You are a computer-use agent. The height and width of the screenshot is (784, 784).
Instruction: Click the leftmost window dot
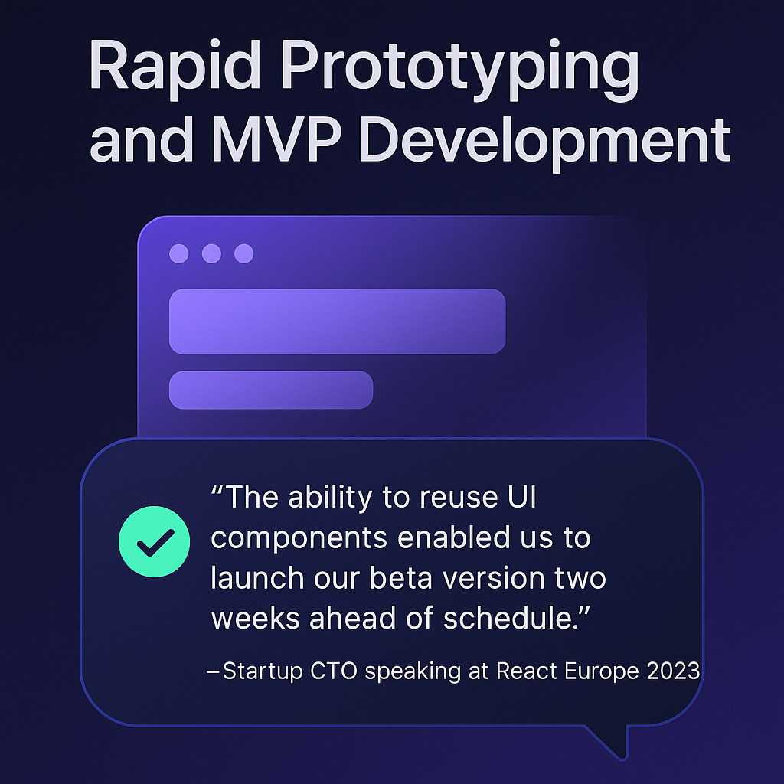(x=179, y=253)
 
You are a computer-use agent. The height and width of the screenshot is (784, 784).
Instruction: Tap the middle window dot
(x=211, y=253)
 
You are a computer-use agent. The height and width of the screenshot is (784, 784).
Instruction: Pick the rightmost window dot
(x=244, y=253)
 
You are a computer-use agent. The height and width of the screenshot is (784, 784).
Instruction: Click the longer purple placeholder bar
(x=338, y=322)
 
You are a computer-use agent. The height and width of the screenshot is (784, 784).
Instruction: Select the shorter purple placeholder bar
(x=271, y=390)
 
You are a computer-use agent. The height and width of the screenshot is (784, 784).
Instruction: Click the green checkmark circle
(x=155, y=541)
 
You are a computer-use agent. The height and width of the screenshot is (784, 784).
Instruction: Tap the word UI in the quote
(x=522, y=497)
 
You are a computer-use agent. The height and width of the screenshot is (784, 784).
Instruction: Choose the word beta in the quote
(x=401, y=579)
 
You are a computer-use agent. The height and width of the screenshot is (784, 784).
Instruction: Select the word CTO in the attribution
(x=334, y=671)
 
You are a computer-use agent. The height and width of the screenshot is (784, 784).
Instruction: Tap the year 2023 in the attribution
(x=673, y=671)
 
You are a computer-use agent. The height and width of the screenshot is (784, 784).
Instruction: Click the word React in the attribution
(x=527, y=671)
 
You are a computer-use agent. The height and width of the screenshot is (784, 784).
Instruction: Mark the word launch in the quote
(x=257, y=579)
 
